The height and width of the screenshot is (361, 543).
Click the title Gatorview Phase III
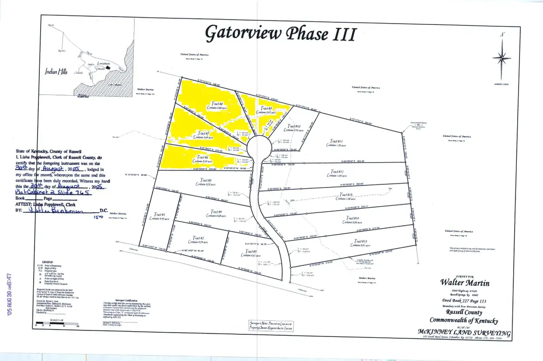(281, 33)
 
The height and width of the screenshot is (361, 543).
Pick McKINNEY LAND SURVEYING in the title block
(465, 333)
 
